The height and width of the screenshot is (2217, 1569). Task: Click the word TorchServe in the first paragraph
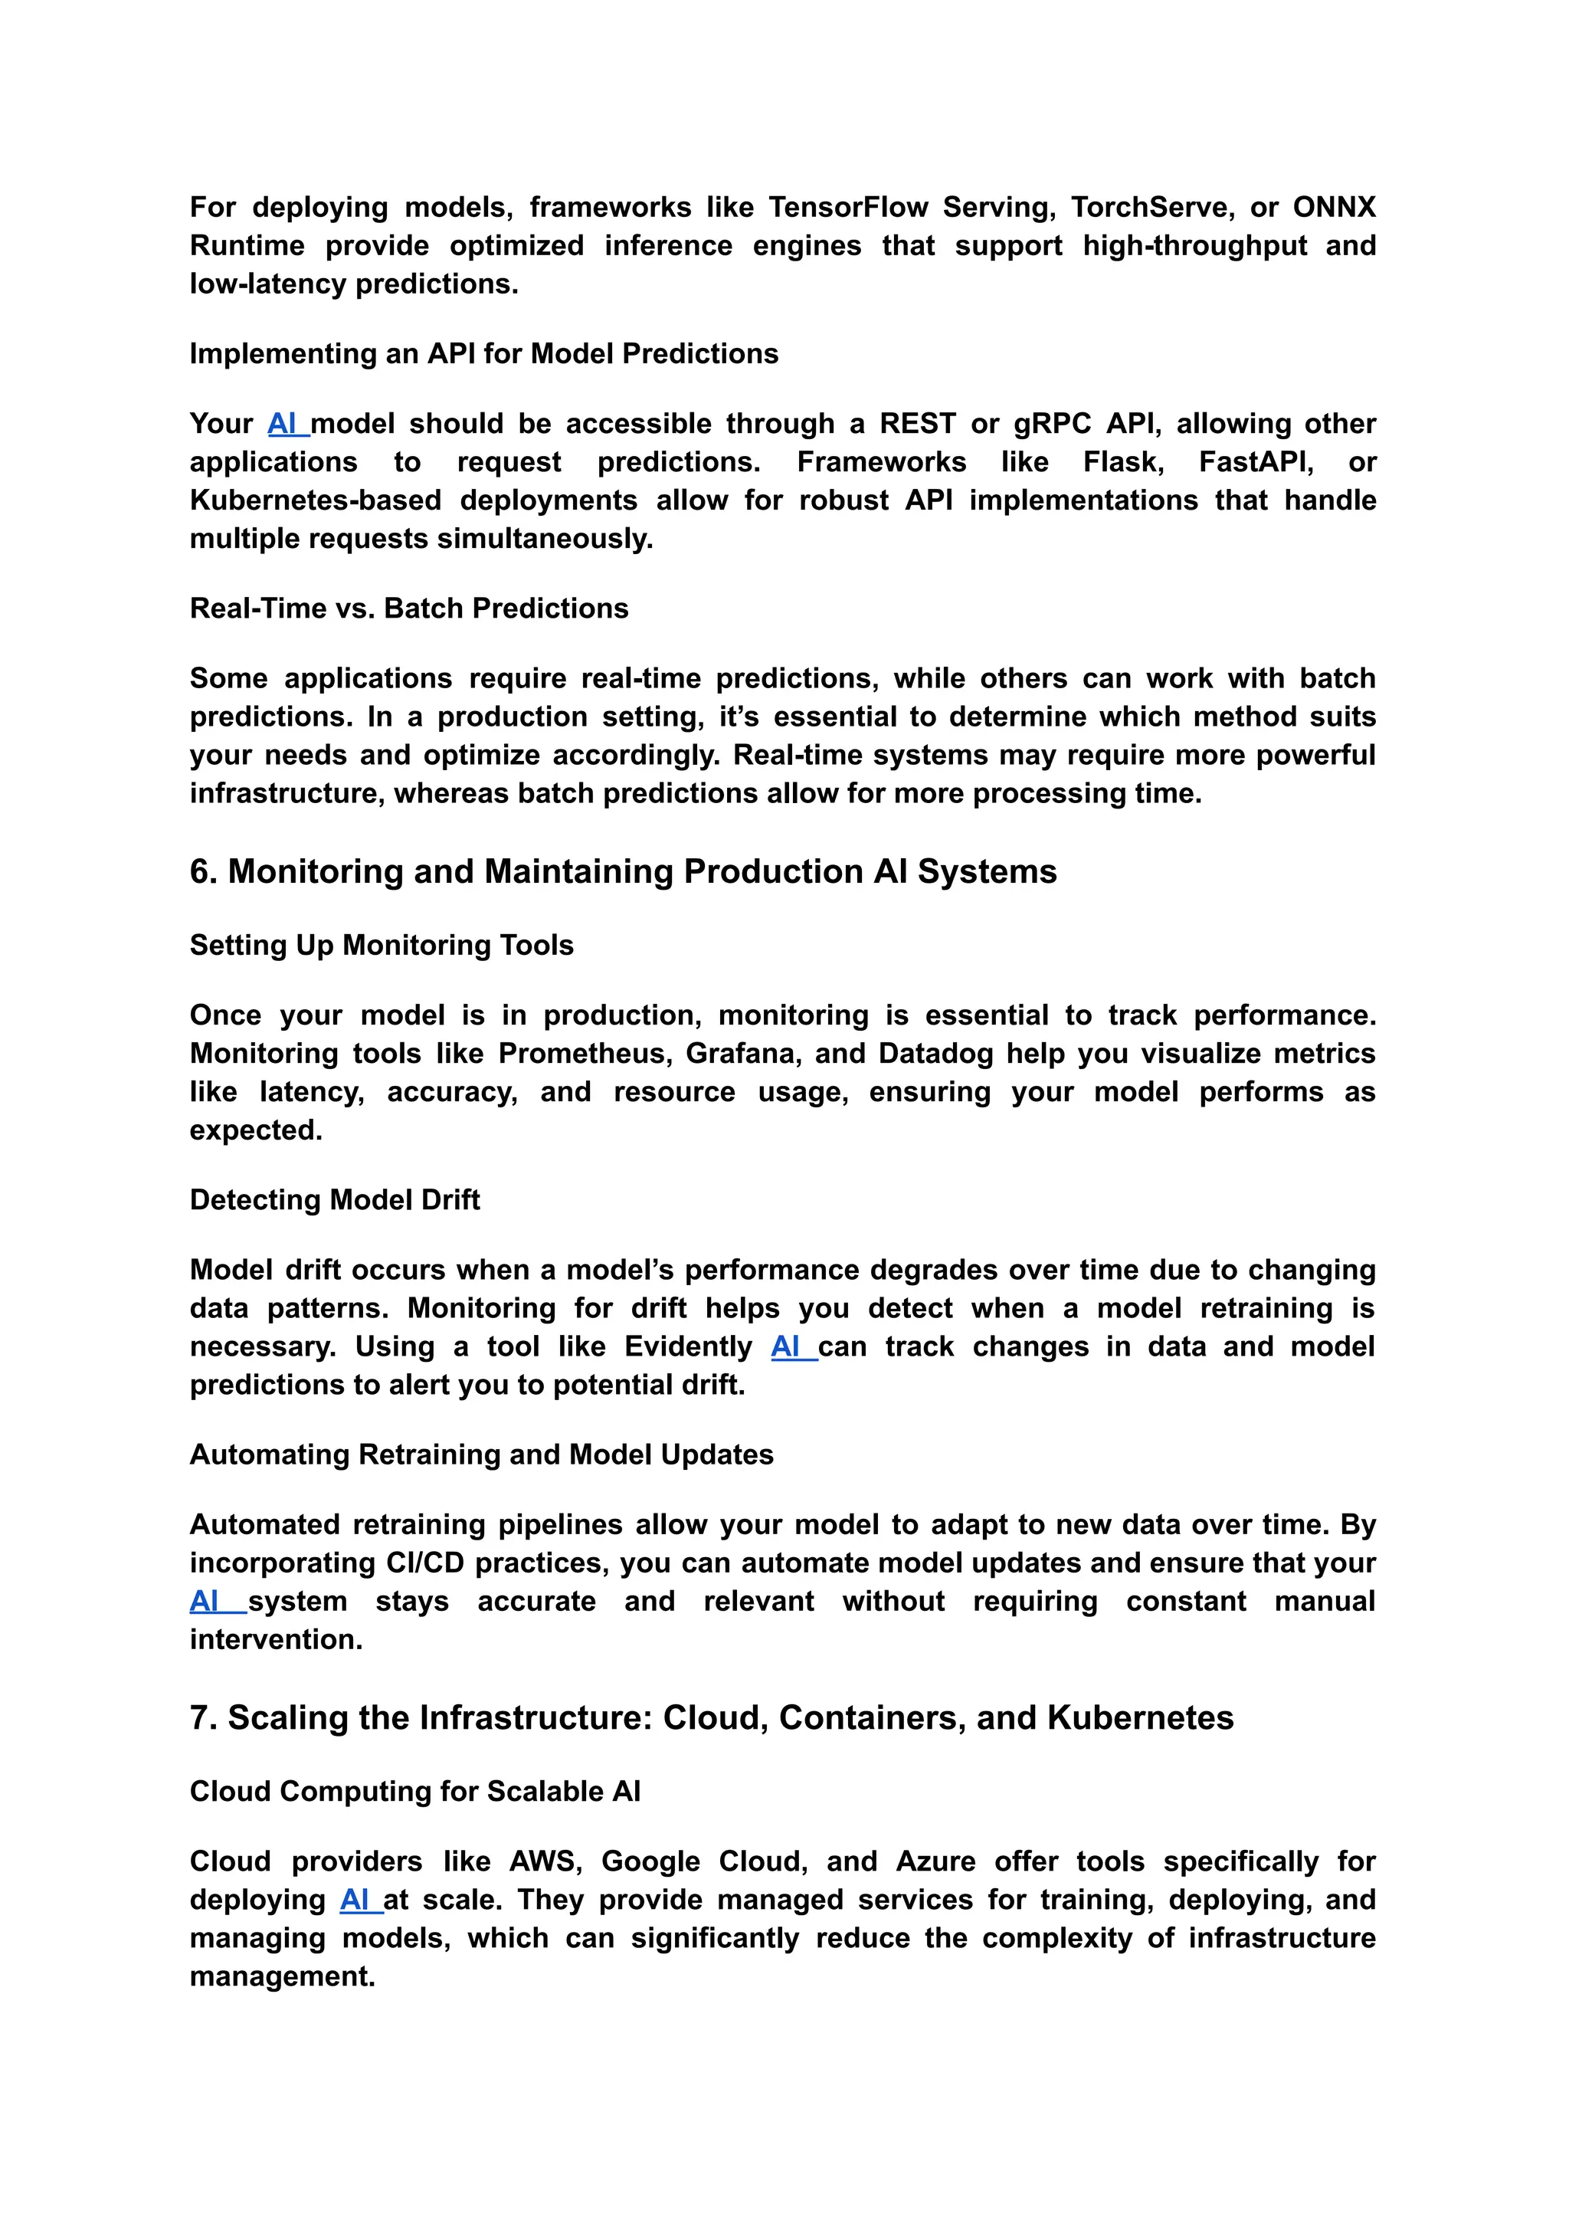pyautogui.click(x=1150, y=208)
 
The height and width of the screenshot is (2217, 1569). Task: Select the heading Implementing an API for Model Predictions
pyautogui.click(x=483, y=354)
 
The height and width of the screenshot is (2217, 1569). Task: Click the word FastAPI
pyautogui.click(x=1255, y=462)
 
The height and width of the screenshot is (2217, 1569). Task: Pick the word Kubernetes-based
pyautogui.click(x=315, y=500)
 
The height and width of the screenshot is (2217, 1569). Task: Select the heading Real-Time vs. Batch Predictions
pyautogui.click(x=408, y=609)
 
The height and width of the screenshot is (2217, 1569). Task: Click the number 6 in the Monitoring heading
pyautogui.click(x=200, y=872)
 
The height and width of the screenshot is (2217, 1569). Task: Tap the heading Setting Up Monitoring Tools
pyautogui.click(x=381, y=945)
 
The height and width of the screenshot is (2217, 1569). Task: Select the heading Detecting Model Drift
pyautogui.click(x=334, y=1200)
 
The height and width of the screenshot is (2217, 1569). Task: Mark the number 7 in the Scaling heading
pyautogui.click(x=200, y=1718)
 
